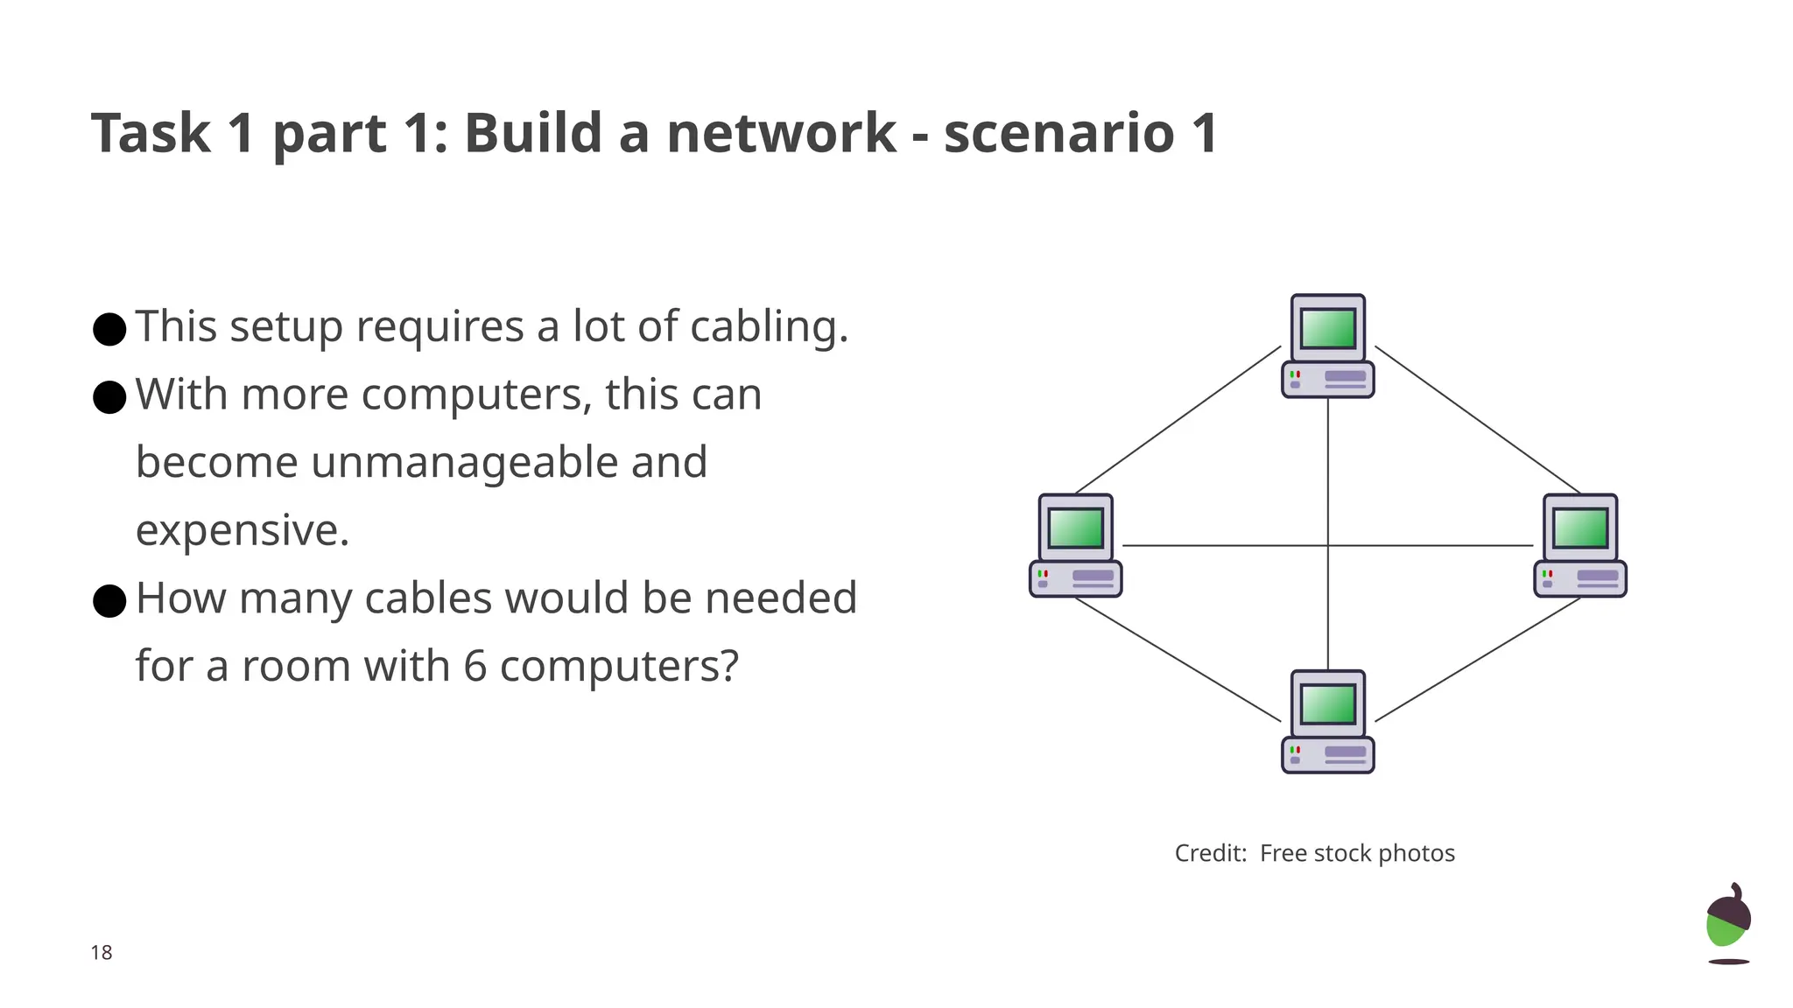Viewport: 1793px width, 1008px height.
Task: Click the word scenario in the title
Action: [1058, 133]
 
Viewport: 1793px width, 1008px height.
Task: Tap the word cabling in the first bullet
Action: [768, 327]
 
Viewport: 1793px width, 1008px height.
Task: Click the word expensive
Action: [243, 530]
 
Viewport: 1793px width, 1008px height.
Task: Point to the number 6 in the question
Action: [475, 666]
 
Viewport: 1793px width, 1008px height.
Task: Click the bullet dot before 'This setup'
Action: [109, 329]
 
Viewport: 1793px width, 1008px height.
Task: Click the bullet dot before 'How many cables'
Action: [109, 600]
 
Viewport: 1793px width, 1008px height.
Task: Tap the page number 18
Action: [102, 952]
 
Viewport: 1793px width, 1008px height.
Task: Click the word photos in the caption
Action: [1417, 853]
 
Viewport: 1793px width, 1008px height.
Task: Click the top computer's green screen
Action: [1328, 328]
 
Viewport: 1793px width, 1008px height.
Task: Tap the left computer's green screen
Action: [1075, 528]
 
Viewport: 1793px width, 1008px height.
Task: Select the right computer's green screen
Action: [1580, 528]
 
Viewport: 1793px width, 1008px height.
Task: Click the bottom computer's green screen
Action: [1328, 704]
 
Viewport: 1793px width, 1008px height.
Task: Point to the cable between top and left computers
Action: [1178, 420]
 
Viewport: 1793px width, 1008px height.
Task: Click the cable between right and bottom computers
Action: [1478, 660]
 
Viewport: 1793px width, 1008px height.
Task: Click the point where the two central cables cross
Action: [1328, 545]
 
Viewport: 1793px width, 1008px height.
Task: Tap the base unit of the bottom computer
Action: [1328, 755]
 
